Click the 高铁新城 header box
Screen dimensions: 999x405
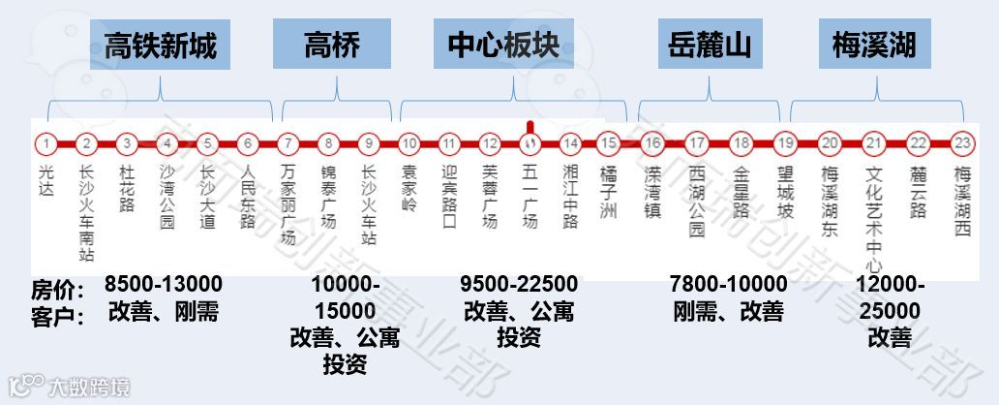tap(161, 45)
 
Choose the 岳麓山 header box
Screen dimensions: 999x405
tap(710, 45)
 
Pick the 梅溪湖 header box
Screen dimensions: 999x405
tap(874, 45)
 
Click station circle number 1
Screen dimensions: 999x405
tap(45, 144)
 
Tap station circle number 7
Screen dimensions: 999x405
tap(288, 144)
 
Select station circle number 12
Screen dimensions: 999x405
tap(490, 144)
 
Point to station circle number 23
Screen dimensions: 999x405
tap(961, 144)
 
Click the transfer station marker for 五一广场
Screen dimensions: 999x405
tap(530, 144)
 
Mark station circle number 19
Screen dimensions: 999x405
tap(785, 144)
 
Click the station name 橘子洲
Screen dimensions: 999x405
tap(608, 194)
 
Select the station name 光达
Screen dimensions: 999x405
tap(45, 180)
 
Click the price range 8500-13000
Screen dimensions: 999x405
tap(164, 285)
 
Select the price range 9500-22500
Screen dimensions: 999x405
tap(519, 285)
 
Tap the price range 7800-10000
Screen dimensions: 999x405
tap(728, 285)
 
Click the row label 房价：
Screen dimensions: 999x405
tap(58, 289)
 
